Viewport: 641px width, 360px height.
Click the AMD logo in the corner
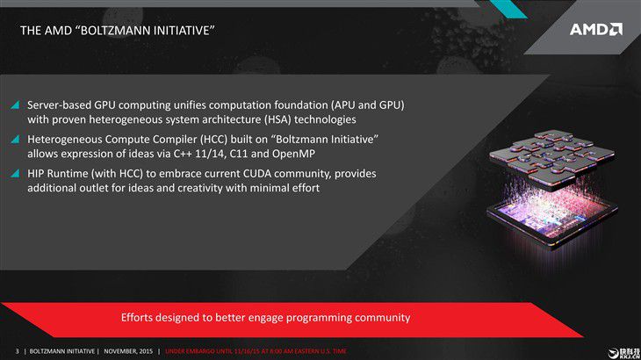point(596,30)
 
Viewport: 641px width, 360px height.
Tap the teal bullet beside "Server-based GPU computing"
point(15,105)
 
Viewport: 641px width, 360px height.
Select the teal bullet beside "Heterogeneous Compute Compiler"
point(15,140)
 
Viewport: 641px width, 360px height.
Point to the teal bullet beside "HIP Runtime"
point(15,174)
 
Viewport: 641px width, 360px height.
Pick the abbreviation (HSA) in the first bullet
point(277,119)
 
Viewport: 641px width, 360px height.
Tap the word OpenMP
point(293,154)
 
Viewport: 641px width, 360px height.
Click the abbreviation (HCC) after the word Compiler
point(213,140)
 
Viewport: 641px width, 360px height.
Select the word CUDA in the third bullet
point(256,174)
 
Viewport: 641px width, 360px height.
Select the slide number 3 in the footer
point(18,351)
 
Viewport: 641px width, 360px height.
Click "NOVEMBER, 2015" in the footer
point(128,351)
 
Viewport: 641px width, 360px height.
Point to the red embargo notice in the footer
point(256,351)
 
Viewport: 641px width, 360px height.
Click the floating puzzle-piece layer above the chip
point(551,157)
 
